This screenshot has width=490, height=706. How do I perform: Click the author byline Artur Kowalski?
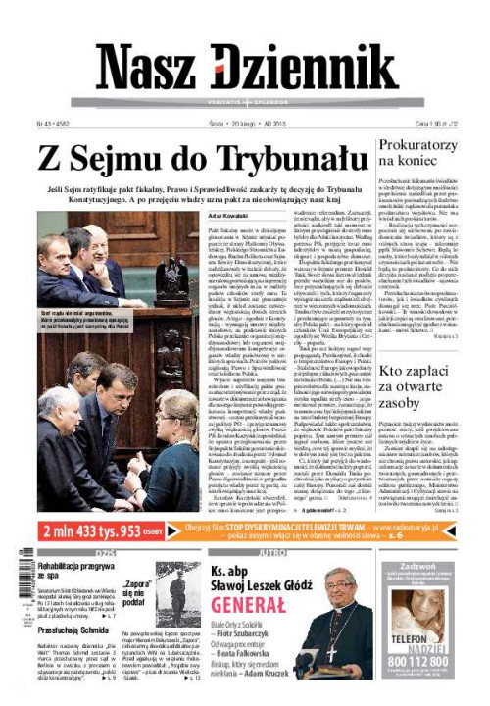[x=229, y=215]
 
